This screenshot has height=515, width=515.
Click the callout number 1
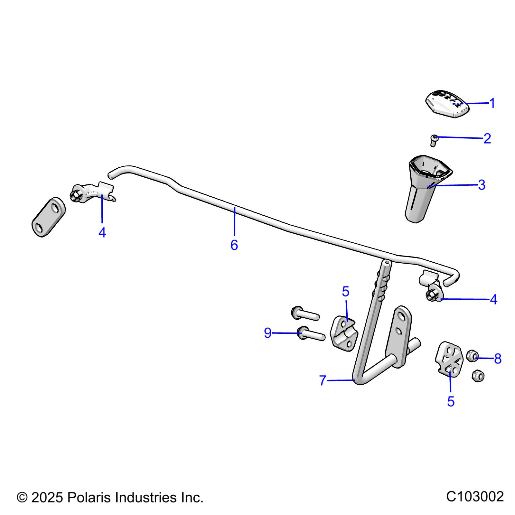tap(492, 103)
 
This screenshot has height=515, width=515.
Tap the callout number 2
tap(487, 139)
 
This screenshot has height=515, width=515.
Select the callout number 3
tap(482, 185)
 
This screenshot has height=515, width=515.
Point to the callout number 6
tap(234, 245)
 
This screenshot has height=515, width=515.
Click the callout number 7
tap(323, 381)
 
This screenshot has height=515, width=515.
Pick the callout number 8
tap(498, 359)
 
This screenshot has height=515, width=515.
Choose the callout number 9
tap(267, 333)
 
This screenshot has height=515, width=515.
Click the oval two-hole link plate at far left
tap(48, 217)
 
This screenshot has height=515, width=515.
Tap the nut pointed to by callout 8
tap(472, 355)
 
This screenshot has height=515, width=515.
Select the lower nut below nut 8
tap(478, 376)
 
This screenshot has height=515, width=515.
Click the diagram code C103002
tap(475, 496)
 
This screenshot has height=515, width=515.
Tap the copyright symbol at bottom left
tap(22, 498)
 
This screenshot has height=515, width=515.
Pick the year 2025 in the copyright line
tap(47, 498)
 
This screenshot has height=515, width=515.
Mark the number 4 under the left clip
tap(102, 232)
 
